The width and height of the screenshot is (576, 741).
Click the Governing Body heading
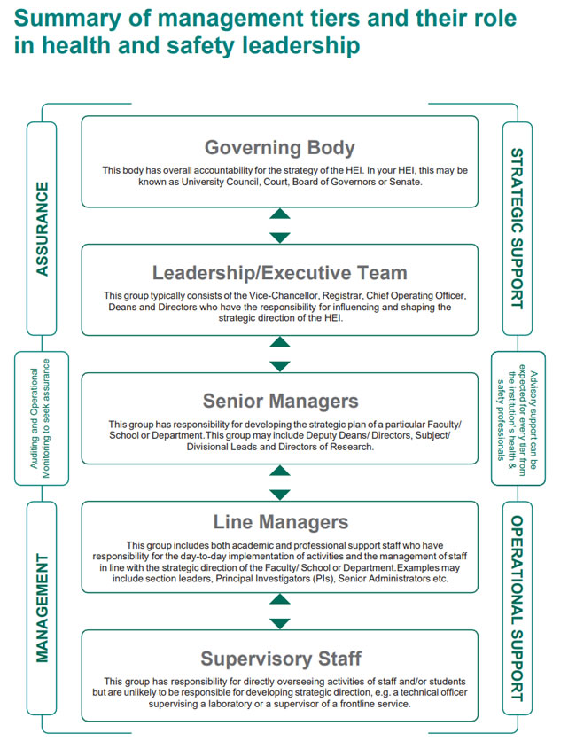coord(279,147)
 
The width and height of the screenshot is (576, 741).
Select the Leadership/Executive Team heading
coord(279,273)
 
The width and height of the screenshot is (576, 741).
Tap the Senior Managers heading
coord(280,402)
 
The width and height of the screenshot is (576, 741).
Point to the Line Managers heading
coord(280,522)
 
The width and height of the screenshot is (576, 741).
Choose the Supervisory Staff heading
coord(281,659)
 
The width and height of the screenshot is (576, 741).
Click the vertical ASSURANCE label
coord(42,229)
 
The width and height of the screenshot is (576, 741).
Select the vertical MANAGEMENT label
coord(42,608)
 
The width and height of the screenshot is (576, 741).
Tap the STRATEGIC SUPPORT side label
coord(517,229)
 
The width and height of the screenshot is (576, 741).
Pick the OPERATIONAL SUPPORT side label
coord(517,608)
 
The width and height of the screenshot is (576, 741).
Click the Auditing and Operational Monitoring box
coord(42,418)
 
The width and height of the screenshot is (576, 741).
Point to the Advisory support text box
coord(518,418)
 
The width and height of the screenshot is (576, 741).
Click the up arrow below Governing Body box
coord(280,214)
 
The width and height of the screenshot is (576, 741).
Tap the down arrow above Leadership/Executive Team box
coord(280,238)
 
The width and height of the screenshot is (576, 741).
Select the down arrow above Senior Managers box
coord(280,366)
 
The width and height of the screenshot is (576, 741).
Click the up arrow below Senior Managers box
coord(280,470)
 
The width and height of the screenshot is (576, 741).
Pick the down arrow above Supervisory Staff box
coord(280,624)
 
